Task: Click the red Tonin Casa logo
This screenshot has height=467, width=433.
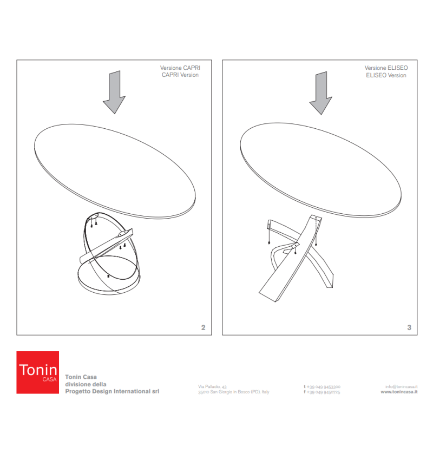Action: (37, 372)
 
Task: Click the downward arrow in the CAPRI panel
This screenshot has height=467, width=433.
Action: (114, 93)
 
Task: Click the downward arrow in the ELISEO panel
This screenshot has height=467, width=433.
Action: (320, 93)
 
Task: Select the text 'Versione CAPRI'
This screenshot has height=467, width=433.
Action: (180, 68)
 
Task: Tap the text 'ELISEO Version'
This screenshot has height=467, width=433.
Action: (386, 75)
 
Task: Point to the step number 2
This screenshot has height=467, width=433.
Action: (203, 327)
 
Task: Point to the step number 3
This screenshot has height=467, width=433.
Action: (409, 327)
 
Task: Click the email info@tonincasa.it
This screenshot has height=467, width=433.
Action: (401, 386)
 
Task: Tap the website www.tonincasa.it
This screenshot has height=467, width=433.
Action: (399, 392)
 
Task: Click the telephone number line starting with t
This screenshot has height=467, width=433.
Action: (322, 386)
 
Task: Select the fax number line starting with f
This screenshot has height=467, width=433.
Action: (322, 392)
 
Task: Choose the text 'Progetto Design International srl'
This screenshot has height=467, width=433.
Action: (112, 391)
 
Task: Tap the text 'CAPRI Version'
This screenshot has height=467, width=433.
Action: (180, 75)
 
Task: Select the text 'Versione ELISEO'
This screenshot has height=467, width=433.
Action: (386, 68)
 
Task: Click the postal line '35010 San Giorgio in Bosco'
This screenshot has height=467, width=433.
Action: (233, 392)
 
